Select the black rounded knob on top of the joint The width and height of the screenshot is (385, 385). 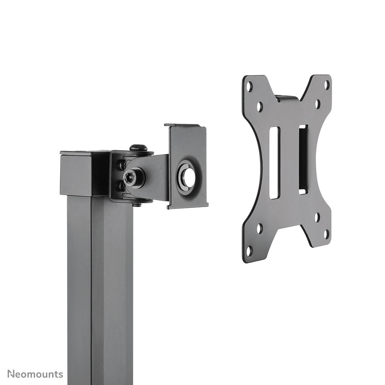[x=138, y=147]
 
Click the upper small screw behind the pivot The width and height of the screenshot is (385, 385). [x=122, y=166]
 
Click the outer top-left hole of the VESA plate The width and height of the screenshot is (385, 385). [x=250, y=86]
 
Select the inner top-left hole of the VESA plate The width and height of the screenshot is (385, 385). [x=260, y=107]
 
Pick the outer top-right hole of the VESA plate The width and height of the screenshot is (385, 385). [x=326, y=84]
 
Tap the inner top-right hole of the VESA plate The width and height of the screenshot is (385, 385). [x=318, y=104]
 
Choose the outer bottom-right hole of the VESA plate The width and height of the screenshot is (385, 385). [x=326, y=233]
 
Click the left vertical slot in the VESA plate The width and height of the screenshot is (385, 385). [x=274, y=163]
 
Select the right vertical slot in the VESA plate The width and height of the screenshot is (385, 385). [x=303, y=159]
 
